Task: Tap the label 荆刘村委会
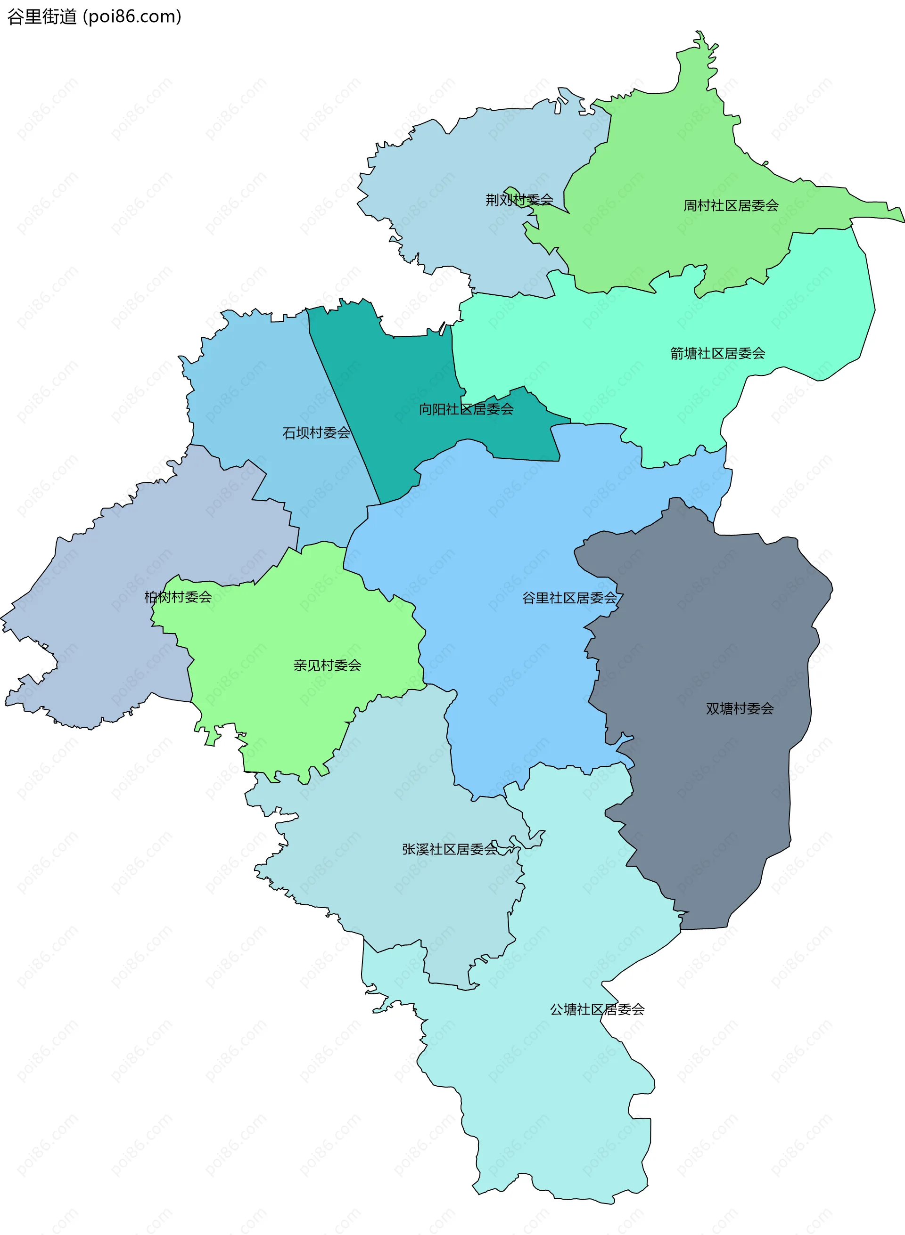tap(519, 200)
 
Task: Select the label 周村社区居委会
tap(730, 206)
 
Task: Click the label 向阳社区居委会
tap(466, 409)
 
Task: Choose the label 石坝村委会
tap(316, 433)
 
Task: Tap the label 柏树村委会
tap(178, 597)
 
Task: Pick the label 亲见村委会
tap(327, 665)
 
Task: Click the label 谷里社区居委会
tap(569, 598)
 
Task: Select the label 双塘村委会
tap(739, 708)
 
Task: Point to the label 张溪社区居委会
tap(449, 849)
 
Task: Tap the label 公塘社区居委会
tap(597, 1009)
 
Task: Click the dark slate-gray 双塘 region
tap(712, 794)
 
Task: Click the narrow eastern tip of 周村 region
tap(893, 213)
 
